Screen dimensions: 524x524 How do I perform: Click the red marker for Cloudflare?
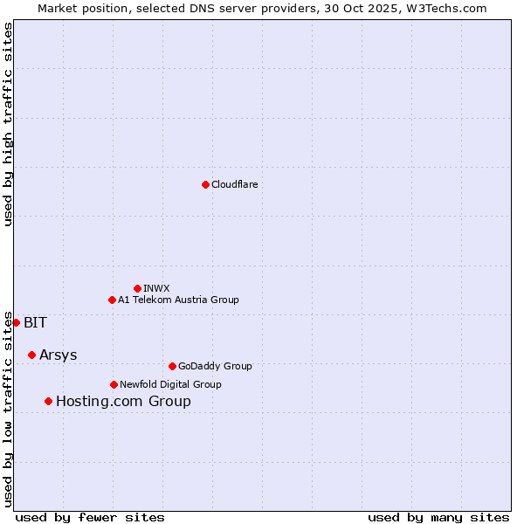coord(205,184)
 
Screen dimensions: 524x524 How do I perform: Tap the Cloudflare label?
coord(234,184)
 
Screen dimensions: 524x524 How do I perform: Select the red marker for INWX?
coord(137,288)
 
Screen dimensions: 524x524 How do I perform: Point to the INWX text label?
coord(156,288)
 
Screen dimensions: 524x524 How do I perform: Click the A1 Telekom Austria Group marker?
coord(112,300)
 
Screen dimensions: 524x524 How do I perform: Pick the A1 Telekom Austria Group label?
coord(178,300)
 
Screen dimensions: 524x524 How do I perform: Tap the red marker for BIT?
coord(16,322)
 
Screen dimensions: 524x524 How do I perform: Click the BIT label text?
coord(35,322)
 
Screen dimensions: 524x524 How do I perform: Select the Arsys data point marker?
coord(31,355)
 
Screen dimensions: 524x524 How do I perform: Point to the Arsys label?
coord(58,355)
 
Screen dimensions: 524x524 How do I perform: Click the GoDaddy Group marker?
coord(172,366)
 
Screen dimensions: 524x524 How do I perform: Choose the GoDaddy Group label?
coord(215,366)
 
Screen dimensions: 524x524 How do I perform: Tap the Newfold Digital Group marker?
coord(114,384)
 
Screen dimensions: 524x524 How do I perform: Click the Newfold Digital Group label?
coord(170,384)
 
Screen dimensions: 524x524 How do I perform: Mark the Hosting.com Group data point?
coord(48,401)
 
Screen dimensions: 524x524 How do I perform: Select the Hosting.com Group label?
coord(123,402)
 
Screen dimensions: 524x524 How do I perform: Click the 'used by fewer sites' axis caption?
coord(90,517)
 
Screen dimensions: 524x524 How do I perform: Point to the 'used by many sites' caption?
coord(438,517)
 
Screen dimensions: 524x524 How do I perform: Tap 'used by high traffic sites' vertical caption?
coord(9,124)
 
